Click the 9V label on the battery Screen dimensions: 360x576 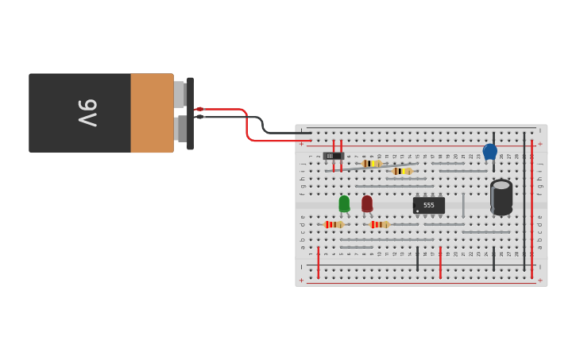coord(87,113)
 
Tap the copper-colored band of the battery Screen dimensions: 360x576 coord(152,113)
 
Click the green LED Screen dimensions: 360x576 coord(344,204)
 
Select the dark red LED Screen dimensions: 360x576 coord(367,204)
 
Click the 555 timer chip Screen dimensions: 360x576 coord(429,205)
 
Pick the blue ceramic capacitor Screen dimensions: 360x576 coord(490,151)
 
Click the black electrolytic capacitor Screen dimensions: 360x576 coord(501,196)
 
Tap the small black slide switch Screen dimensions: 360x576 coord(333,156)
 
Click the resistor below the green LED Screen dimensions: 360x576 coord(334,225)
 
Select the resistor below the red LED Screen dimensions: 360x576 coord(380,225)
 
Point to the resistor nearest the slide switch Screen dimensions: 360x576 coord(371,164)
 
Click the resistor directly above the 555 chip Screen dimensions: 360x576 coord(402,171)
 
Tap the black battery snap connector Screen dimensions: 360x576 coord(190,113)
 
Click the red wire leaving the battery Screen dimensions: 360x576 coord(230,110)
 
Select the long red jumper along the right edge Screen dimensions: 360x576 coord(532,207)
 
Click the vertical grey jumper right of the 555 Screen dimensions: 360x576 coord(463,204)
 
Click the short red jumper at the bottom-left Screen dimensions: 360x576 coord(319,261)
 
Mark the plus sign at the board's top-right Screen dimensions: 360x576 coord(540,145)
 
